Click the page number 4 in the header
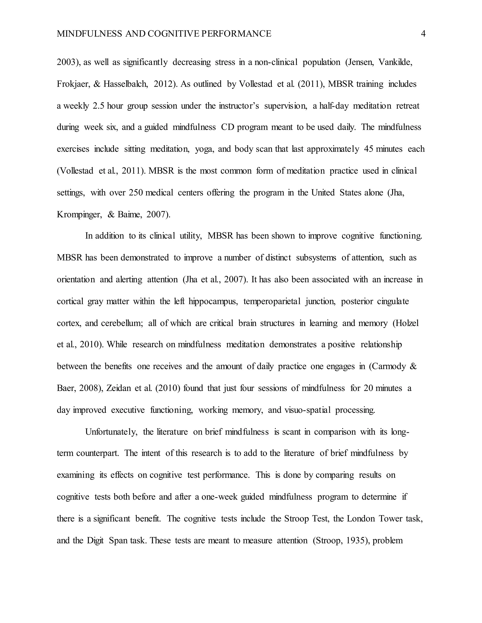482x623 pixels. (423, 34)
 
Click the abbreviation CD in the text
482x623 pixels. (227, 127)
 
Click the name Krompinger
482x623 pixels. (79, 214)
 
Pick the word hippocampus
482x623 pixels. (213, 302)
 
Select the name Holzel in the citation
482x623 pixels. (406, 323)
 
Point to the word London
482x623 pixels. (361, 519)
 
